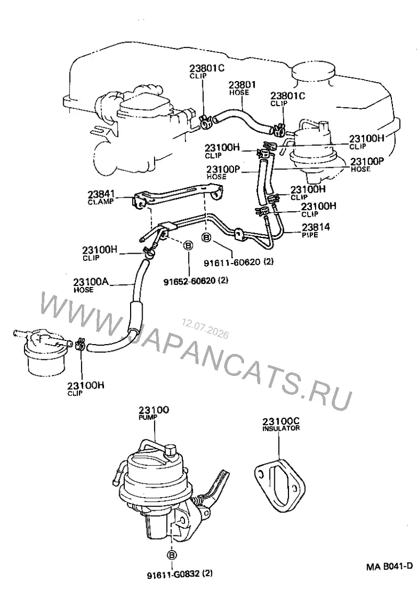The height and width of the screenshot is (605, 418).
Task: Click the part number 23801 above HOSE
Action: (242, 85)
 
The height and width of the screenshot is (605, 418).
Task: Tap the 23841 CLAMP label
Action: (101, 197)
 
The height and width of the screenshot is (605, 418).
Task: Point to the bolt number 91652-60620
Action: (190, 280)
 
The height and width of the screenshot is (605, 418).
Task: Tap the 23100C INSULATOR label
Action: (281, 424)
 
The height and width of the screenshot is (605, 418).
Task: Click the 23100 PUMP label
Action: (154, 413)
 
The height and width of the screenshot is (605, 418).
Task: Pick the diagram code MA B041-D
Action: (389, 566)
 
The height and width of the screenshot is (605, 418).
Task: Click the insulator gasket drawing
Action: (279, 485)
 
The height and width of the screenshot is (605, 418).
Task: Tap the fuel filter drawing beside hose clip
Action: (42, 351)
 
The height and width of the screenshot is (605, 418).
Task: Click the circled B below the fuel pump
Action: (171, 555)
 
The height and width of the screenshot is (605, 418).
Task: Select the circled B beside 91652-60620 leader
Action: (188, 245)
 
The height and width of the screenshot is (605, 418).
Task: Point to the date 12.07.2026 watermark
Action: (205, 328)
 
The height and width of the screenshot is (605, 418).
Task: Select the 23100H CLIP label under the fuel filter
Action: (86, 389)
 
